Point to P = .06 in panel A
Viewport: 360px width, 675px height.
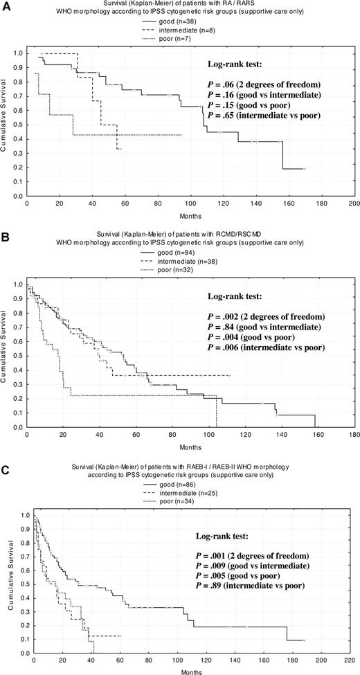click(264, 84)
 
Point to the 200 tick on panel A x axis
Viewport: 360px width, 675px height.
click(353, 205)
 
